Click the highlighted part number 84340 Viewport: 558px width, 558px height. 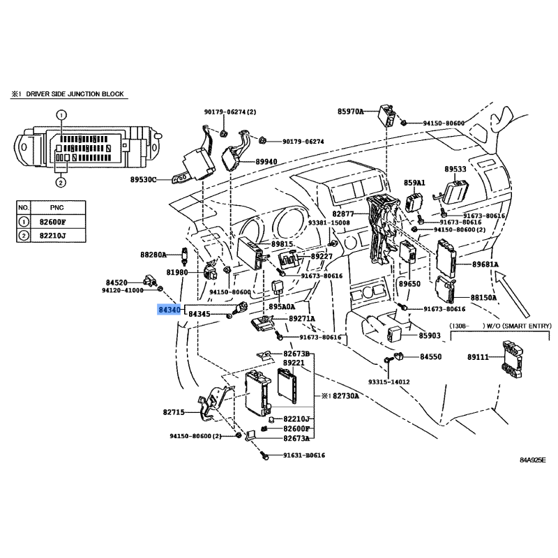coord(170,309)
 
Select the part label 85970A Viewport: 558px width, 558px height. coord(351,111)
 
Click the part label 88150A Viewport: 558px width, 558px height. coord(484,297)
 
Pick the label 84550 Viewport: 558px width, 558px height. coord(430,357)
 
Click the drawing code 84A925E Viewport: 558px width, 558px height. coord(532,460)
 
